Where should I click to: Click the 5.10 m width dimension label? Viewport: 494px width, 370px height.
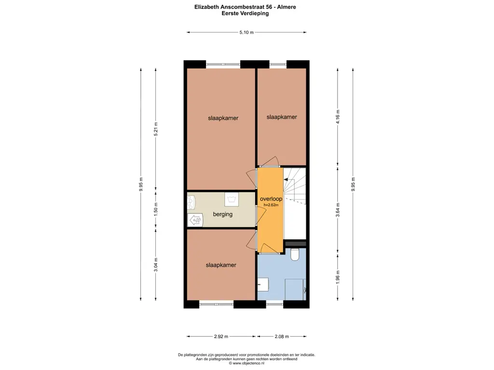tap(247, 32)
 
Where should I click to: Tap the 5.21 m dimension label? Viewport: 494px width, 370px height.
tap(156, 129)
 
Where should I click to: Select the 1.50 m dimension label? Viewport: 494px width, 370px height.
tap(156, 209)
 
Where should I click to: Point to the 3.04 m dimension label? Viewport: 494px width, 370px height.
tap(156, 264)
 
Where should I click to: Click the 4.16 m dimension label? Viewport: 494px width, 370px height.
tap(338, 117)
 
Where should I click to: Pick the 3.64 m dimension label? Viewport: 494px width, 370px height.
tap(338, 210)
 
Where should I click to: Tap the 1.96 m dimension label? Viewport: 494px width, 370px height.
tap(338, 277)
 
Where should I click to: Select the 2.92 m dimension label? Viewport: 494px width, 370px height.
tap(221, 336)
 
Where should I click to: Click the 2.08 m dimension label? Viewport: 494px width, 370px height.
tap(282, 336)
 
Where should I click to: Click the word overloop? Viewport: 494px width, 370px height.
tap(271, 199)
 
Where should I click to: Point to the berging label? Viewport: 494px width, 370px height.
tap(223, 214)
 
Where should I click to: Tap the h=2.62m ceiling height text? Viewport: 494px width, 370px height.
tap(271, 205)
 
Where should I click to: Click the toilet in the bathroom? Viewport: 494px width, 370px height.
tap(295, 254)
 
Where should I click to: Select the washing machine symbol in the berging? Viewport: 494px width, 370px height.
tap(232, 199)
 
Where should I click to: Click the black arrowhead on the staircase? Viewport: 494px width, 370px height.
tap(286, 179)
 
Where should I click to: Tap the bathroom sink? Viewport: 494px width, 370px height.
tap(263, 284)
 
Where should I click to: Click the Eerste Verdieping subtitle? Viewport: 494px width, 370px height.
tap(245, 13)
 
